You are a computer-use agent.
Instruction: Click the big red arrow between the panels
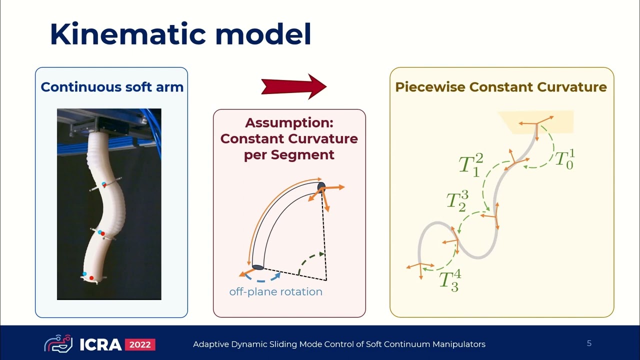[x=294, y=86]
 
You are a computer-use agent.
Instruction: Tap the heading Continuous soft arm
[x=112, y=87]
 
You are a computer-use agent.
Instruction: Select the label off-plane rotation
[x=275, y=291]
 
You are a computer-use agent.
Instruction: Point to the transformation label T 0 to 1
[x=565, y=159]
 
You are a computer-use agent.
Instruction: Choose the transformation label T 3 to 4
[x=450, y=280]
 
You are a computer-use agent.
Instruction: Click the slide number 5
[x=589, y=343]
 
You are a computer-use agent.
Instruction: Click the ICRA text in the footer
[x=100, y=344]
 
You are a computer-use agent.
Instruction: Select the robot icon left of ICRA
[x=58, y=343]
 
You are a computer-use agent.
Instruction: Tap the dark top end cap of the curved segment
[x=321, y=186]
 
